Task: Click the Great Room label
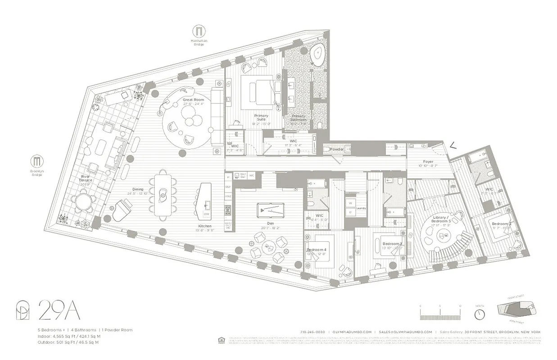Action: point(193,99)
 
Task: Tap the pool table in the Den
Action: point(270,210)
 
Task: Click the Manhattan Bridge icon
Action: point(199,31)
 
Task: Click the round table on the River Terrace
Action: point(84,202)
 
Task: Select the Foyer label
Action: point(428,162)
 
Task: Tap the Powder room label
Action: point(336,149)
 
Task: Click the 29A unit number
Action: point(60,310)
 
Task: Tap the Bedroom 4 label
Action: point(316,250)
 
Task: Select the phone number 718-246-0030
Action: point(314,332)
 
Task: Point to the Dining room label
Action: point(137,189)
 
